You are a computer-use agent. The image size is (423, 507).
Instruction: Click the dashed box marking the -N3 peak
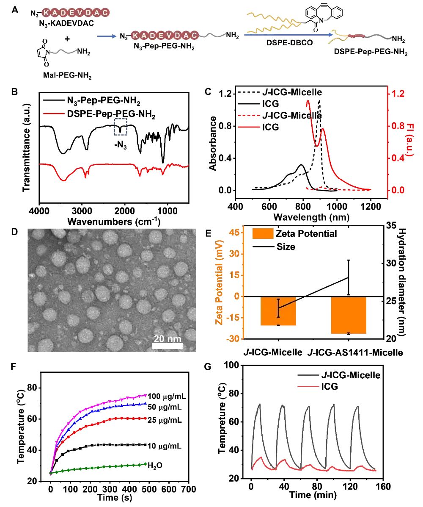[121, 127]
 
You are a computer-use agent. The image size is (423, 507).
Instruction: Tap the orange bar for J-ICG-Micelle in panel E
[278, 311]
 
